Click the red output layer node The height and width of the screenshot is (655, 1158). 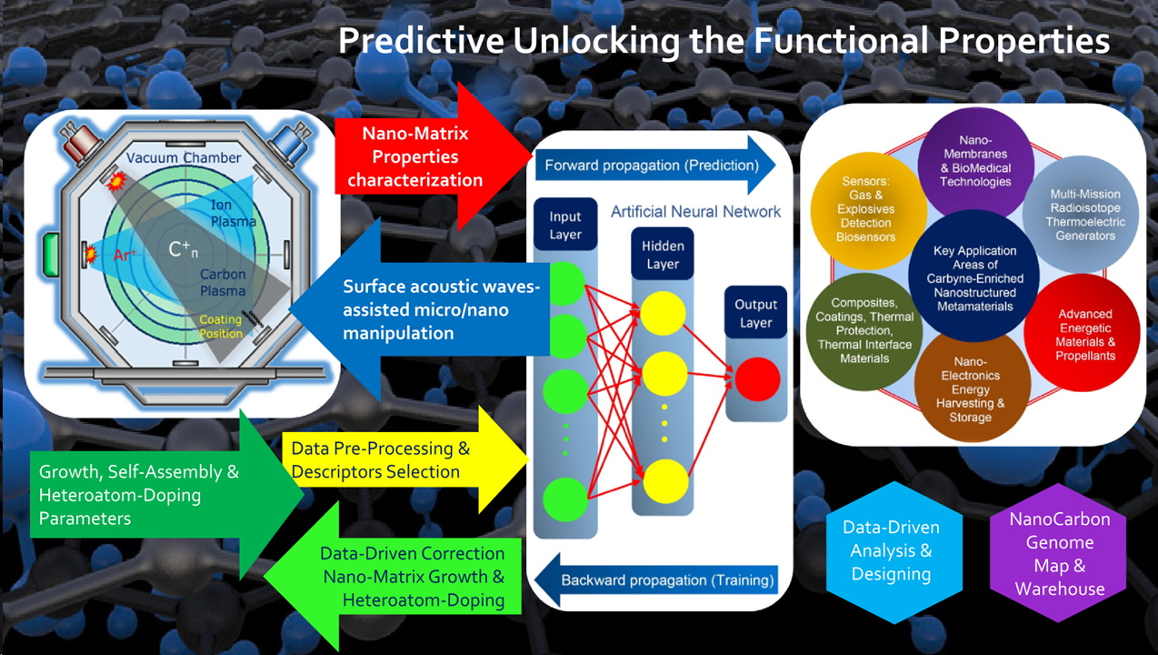click(x=756, y=380)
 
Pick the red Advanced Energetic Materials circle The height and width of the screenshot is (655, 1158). click(x=1084, y=333)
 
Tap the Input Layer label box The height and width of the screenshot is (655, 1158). click(x=564, y=225)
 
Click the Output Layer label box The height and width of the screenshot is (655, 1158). click(x=756, y=313)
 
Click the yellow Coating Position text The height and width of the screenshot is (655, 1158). click(x=221, y=326)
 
